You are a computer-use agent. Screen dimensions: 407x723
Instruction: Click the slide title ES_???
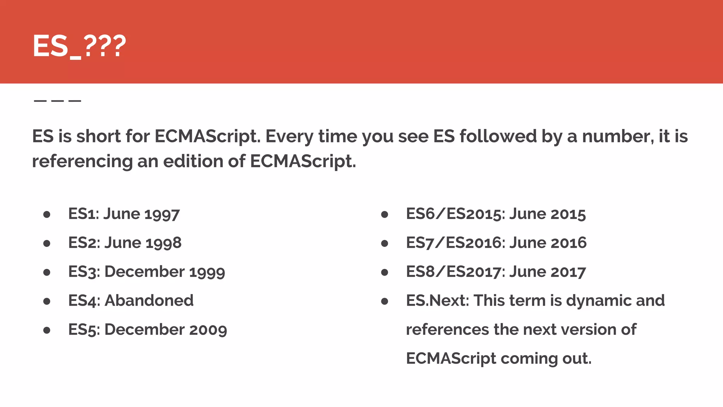click(79, 46)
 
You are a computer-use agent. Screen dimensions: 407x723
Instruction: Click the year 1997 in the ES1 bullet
click(162, 214)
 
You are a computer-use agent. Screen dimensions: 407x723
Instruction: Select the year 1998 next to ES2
click(163, 243)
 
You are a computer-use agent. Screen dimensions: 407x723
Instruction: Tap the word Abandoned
click(149, 301)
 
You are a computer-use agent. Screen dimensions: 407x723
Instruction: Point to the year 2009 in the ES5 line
click(208, 330)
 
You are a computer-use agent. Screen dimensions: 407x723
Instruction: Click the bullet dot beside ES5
click(47, 330)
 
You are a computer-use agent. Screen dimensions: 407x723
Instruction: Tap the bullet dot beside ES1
click(47, 214)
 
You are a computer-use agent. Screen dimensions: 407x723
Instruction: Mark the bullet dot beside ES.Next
click(385, 301)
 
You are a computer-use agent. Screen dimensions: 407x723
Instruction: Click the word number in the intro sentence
click(615, 137)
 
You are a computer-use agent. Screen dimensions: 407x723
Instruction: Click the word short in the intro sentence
click(98, 136)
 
